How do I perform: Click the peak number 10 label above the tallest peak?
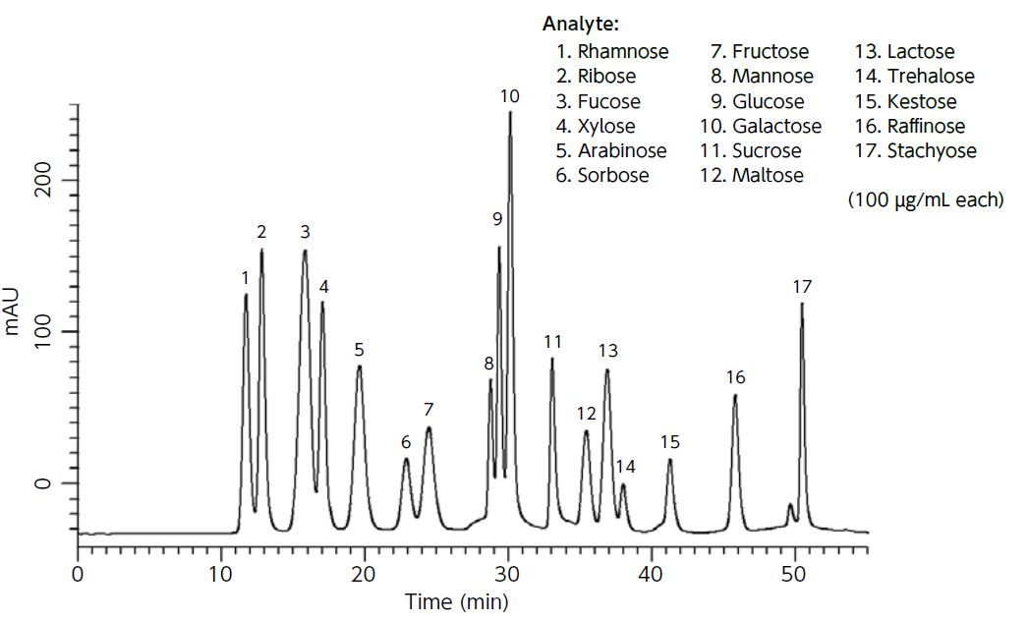pyautogui.click(x=509, y=96)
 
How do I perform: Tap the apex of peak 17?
pyautogui.click(x=802, y=305)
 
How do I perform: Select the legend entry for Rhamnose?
pyautogui.click(x=612, y=52)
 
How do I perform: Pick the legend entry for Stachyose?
pyautogui.click(x=917, y=150)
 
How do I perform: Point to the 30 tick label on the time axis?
pyautogui.click(x=507, y=575)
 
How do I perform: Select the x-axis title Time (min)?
pyautogui.click(x=457, y=601)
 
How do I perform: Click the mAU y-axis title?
pyautogui.click(x=14, y=312)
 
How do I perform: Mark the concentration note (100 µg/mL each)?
pyautogui.click(x=925, y=199)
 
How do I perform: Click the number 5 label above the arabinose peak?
pyautogui.click(x=360, y=349)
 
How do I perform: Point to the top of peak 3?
pyautogui.click(x=305, y=252)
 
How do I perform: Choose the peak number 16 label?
pyautogui.click(x=735, y=377)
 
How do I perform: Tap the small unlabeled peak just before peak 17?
pyautogui.click(x=790, y=505)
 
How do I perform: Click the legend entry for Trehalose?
pyautogui.click(x=916, y=77)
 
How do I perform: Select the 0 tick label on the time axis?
pyautogui.click(x=78, y=575)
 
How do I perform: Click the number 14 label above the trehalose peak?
pyautogui.click(x=625, y=466)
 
